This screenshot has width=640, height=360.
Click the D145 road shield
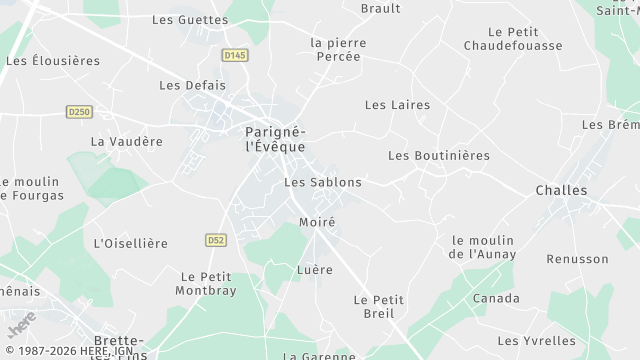pos(235,56)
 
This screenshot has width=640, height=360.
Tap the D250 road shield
pos(80,111)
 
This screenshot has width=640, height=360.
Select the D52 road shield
pos(215,240)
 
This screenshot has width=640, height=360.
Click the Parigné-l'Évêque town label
pos(275,138)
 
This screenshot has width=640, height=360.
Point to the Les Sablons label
pos(323,183)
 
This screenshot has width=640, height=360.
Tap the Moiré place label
pos(317,222)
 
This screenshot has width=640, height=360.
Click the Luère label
pos(315,270)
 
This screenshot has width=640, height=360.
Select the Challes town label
pos(561,190)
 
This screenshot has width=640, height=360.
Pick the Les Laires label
pos(397,105)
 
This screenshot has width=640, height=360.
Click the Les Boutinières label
pos(439,156)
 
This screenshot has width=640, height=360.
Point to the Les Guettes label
pos(190,19)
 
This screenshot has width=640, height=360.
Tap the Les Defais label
pos(192,86)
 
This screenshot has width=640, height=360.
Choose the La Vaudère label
pos(126,142)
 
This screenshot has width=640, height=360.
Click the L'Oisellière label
pos(130,243)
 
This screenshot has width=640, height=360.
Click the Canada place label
pos(496,298)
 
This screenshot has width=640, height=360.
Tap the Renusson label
pos(577,259)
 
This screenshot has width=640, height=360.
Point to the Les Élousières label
pos(53,61)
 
